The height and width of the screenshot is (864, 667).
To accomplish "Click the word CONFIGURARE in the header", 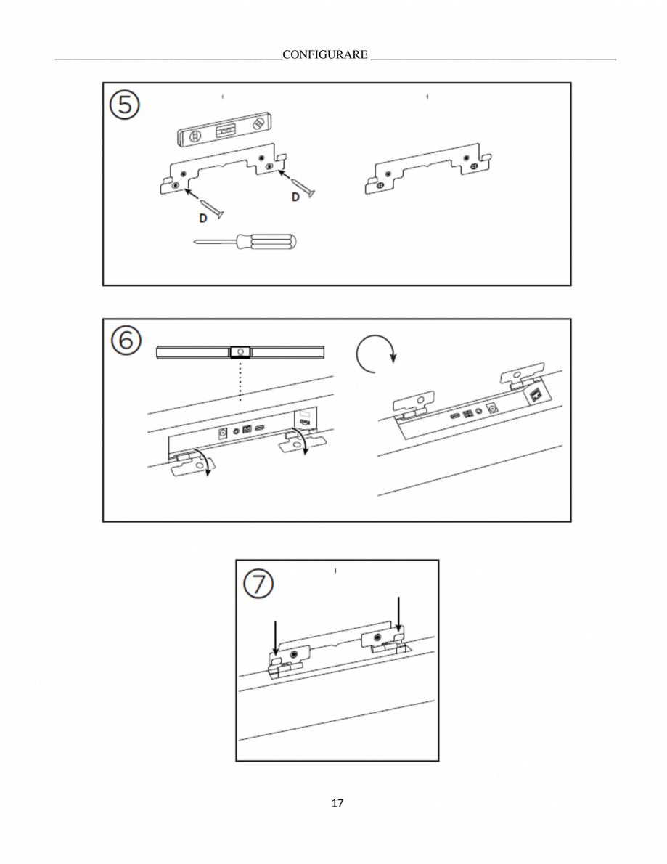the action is coord(325,54).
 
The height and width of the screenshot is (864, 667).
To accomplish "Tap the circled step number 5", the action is coord(125,105).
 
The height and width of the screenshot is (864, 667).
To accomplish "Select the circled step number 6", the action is coord(126,341).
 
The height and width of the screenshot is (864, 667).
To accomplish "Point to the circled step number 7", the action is coord(258,584).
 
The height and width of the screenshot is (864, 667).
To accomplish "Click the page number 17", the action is coord(337,803).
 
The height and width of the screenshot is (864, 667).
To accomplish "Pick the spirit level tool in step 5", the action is coord(226,130).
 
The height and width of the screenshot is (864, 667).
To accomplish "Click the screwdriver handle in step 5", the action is coord(266,241).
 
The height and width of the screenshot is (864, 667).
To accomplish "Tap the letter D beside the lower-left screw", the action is coord(202,219).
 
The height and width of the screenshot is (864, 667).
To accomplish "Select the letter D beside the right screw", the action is coord(295,197).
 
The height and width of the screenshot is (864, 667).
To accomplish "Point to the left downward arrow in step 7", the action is coord(275,639).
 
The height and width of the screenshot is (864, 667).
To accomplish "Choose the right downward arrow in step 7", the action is coord(398,614).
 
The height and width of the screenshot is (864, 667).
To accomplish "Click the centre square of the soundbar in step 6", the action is coord(240,351).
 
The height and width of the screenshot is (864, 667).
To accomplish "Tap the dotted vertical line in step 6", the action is coord(240,380).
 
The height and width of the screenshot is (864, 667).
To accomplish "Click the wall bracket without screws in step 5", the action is coord(428,168).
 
